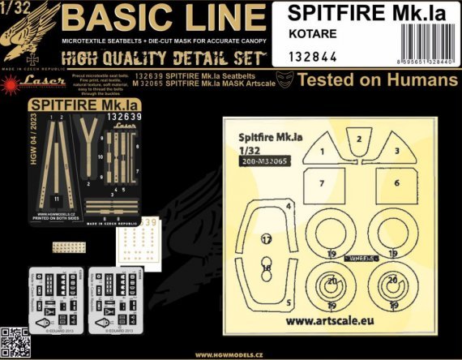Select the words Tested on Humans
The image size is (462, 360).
pyautogui.click(x=378, y=79)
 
